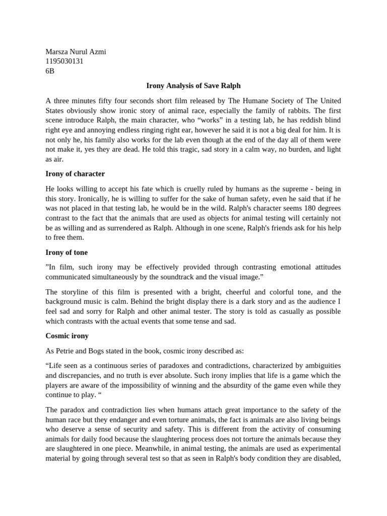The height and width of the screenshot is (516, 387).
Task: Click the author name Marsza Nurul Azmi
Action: tap(76, 52)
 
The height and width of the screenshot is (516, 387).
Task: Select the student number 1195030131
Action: tap(64, 61)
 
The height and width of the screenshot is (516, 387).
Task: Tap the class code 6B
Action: tap(50, 71)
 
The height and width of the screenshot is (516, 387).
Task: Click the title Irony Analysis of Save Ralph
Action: tap(193, 86)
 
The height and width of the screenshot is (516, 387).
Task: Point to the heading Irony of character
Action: tap(75, 174)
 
